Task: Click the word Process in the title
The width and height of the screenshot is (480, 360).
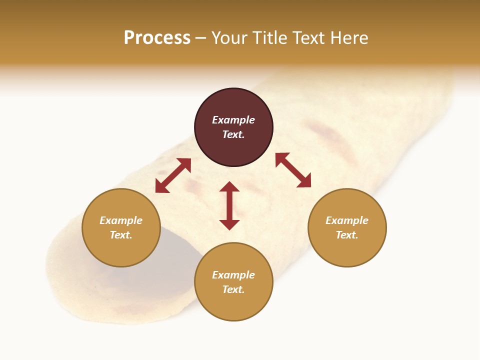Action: coord(157,38)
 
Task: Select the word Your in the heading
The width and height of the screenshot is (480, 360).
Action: coord(230,38)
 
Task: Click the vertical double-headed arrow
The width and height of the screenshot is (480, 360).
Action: coord(229,205)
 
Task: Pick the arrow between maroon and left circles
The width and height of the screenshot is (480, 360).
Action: coord(173,175)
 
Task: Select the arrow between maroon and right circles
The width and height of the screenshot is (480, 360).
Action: coord(293,170)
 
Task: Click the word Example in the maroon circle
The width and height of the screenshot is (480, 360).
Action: coord(233,120)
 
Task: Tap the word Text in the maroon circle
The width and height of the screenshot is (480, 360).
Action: coord(233,134)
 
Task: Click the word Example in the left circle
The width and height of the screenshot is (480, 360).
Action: coord(121,220)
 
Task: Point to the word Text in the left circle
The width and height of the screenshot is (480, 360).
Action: coord(120,235)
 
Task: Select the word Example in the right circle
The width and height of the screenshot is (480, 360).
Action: coord(347,220)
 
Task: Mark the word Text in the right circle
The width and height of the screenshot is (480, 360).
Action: coord(346,235)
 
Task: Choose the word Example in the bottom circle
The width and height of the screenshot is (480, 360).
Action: coord(233,275)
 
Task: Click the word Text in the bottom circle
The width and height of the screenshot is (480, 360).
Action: coord(233,289)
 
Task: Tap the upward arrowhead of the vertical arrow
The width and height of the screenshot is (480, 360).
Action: coord(229,187)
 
